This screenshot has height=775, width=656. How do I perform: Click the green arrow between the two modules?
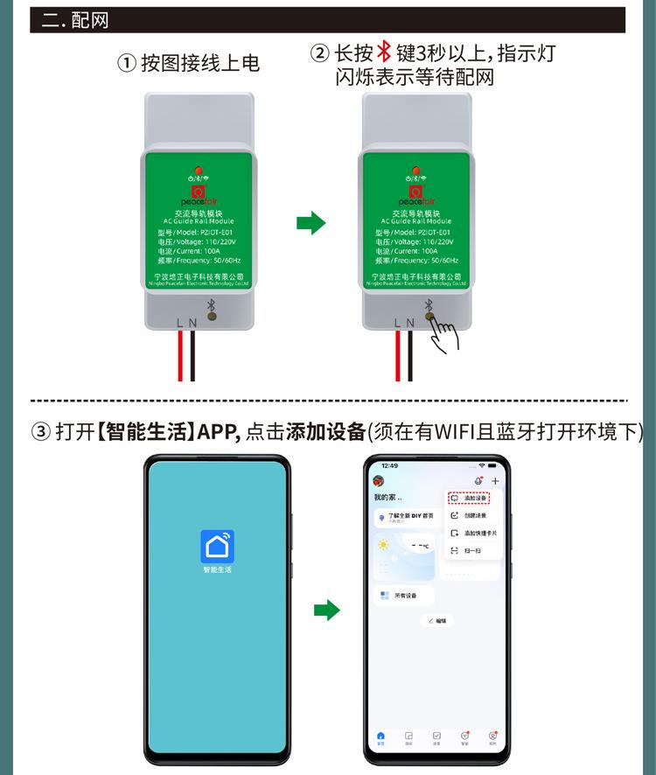point(311,223)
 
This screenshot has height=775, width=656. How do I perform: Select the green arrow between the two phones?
point(326,610)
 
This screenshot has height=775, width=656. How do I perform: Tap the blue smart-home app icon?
point(217,546)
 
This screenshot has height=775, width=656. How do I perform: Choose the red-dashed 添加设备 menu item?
point(469,498)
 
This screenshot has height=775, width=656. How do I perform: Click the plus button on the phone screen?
point(495,481)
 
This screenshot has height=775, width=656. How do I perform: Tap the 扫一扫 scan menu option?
point(469,550)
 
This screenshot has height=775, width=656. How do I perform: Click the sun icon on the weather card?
point(383,545)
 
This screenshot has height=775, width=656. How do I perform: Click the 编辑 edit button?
point(437,620)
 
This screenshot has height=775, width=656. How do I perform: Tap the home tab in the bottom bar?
point(380,737)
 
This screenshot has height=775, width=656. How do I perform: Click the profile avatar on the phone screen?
point(379,481)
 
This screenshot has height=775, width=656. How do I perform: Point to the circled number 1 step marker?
point(127,64)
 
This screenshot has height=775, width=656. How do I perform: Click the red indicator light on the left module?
point(199,169)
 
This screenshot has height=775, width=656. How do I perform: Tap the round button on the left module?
point(211,317)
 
